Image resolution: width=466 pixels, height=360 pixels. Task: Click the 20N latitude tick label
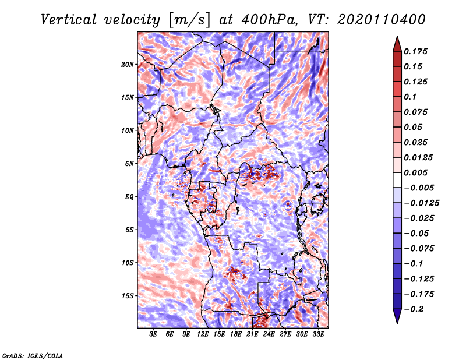[x=128, y=64]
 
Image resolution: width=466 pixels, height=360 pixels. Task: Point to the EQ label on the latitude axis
[x=129, y=197]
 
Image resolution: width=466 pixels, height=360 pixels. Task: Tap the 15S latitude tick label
[x=128, y=296]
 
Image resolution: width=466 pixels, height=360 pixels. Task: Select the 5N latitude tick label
[x=129, y=164]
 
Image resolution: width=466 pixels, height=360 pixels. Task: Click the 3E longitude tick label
[x=153, y=334]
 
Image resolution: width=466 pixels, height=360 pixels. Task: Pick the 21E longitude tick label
[x=252, y=334]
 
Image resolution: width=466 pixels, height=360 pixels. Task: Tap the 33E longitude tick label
[x=318, y=334]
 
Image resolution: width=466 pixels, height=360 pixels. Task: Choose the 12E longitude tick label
[x=203, y=334]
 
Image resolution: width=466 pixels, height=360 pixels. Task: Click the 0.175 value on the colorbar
[x=415, y=51]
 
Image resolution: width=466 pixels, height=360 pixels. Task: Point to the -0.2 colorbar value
[x=414, y=309]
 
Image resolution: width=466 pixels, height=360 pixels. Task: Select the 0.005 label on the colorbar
[x=415, y=172]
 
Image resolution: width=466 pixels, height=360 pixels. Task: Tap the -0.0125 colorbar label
[x=421, y=203]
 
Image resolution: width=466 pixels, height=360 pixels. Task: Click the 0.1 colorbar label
[x=410, y=97]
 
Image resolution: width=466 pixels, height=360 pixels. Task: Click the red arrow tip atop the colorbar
[x=397, y=37]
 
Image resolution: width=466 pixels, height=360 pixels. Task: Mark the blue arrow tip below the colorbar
[x=397, y=323]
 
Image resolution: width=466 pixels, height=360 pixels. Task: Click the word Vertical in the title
[x=69, y=20]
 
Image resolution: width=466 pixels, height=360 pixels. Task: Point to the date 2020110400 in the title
[x=382, y=20]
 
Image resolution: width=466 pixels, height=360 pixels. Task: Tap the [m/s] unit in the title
[x=189, y=20]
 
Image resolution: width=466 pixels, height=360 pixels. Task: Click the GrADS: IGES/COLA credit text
[x=33, y=355]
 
